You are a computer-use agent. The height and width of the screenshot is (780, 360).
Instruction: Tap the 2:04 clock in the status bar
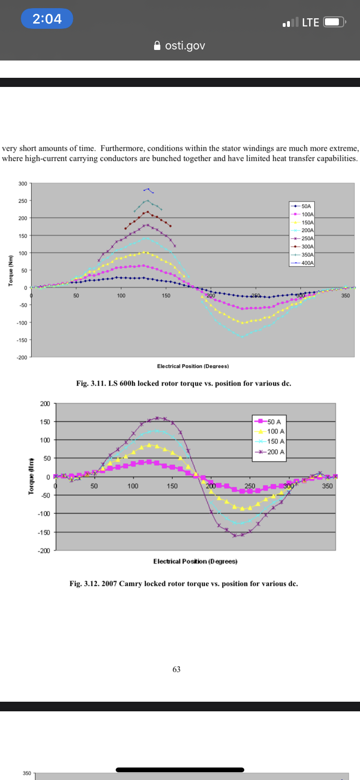tap(47, 19)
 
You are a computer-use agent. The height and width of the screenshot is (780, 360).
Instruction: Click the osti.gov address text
tap(185, 46)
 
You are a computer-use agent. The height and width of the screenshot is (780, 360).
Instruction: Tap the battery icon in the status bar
tap(334, 22)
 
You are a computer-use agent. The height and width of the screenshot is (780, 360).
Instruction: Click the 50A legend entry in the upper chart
tap(306, 206)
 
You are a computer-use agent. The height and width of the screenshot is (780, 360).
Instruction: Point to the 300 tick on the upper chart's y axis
tap(23, 184)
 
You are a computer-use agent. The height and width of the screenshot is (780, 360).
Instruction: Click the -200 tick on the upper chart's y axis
tap(22, 357)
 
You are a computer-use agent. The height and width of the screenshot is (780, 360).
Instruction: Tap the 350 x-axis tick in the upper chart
tap(346, 295)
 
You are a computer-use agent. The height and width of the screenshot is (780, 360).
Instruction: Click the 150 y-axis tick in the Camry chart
tap(45, 422)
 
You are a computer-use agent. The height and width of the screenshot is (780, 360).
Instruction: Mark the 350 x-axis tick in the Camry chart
tap(327, 486)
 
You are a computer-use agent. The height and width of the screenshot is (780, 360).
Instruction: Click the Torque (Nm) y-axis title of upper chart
tap(11, 270)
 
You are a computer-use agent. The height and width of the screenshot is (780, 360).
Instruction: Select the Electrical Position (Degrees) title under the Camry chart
tap(195, 561)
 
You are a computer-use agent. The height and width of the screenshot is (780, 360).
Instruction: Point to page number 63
tap(177, 669)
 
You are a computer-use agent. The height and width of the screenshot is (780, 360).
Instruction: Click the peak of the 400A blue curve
tap(148, 189)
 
